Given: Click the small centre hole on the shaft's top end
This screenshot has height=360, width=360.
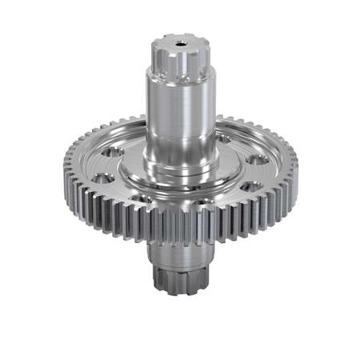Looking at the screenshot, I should point(180,42).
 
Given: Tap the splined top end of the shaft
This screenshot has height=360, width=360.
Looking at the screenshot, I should point(180,56).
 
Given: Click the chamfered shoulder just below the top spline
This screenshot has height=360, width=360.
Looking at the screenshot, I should point(180,75).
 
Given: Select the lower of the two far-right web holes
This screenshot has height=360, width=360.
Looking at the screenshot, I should point(250,186).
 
